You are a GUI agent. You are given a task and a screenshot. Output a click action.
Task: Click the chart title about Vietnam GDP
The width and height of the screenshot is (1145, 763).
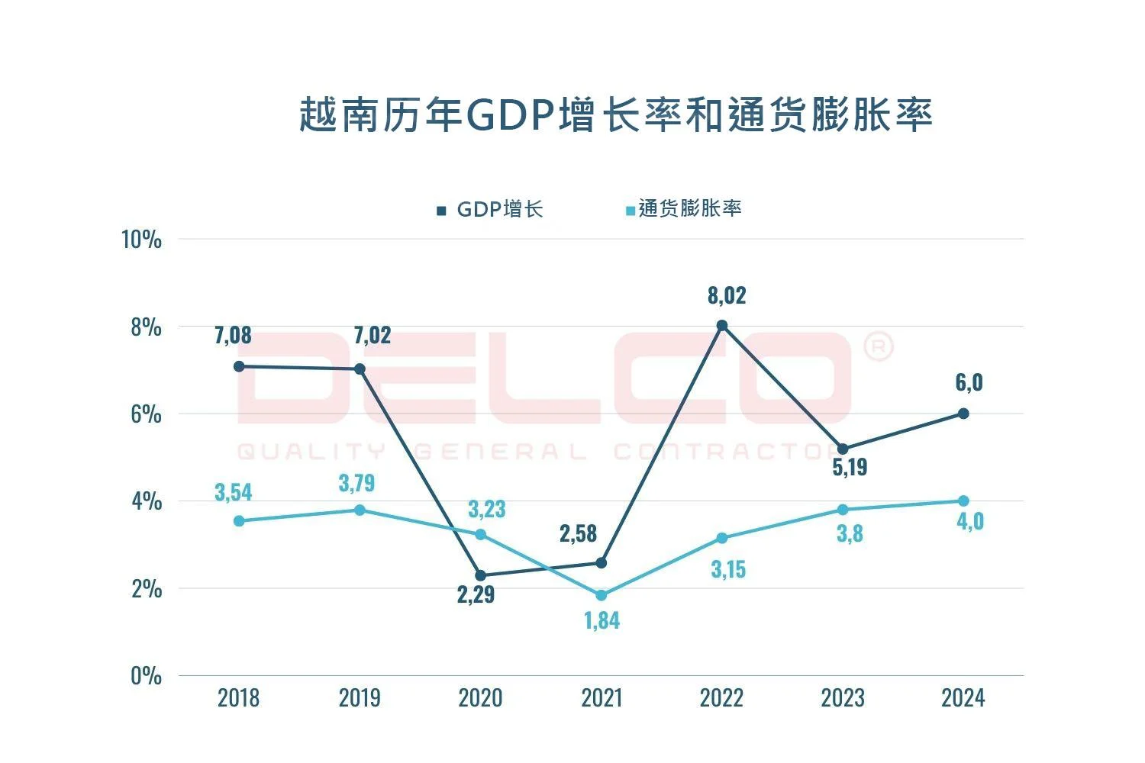pyautogui.click(x=615, y=115)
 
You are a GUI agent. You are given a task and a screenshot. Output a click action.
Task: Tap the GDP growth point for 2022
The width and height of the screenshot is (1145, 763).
pyautogui.click(x=722, y=326)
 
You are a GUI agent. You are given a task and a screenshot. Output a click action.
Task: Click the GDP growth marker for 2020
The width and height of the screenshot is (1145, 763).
pyautogui.click(x=481, y=575)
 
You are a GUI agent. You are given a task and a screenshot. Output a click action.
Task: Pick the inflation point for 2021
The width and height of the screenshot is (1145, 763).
pyautogui.click(x=602, y=595)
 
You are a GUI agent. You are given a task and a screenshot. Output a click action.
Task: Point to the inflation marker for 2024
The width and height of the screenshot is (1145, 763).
pyautogui.click(x=963, y=501)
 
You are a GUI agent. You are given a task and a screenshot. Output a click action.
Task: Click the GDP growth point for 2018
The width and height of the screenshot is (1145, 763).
pyautogui.click(x=239, y=366)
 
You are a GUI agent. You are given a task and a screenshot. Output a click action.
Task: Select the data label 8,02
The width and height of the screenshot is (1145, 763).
pyautogui.click(x=727, y=295)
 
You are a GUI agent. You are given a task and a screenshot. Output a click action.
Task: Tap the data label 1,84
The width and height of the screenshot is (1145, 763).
pyautogui.click(x=602, y=621)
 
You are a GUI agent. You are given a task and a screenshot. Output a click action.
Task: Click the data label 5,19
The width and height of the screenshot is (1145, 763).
pyautogui.click(x=850, y=467)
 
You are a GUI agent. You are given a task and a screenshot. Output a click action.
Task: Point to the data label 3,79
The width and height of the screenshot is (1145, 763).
pyautogui.click(x=357, y=483)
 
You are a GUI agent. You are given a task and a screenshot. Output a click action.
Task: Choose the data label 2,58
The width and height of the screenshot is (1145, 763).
pyautogui.click(x=578, y=533)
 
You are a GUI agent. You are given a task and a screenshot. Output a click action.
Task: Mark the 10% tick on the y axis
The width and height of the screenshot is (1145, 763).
pyautogui.click(x=142, y=240)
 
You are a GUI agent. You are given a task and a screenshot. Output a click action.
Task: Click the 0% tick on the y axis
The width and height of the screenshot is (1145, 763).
pyautogui.click(x=146, y=676)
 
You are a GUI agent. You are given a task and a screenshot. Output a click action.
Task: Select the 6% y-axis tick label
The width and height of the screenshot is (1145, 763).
pyautogui.click(x=146, y=414)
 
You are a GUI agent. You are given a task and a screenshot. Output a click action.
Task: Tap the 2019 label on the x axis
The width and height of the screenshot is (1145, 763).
pyautogui.click(x=360, y=697)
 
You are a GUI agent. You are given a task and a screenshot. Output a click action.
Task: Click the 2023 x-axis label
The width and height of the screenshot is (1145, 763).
pyautogui.click(x=843, y=697)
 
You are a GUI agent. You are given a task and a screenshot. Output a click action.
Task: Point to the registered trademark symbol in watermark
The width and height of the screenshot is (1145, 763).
pyautogui.click(x=878, y=347)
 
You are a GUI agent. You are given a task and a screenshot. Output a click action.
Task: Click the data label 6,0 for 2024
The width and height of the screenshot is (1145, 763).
pyautogui.click(x=969, y=382)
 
